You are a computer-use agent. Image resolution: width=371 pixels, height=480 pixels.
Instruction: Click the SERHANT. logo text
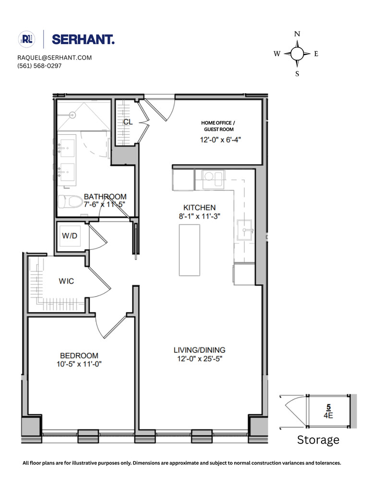[x=83, y=39]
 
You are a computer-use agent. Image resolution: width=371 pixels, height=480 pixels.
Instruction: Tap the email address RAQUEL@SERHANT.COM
[x=54, y=58]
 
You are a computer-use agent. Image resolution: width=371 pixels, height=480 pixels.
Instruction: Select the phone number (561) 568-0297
[x=39, y=66]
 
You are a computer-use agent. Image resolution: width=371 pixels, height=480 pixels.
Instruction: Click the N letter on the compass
[x=297, y=34]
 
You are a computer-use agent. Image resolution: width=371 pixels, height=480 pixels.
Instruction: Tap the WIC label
[x=67, y=281]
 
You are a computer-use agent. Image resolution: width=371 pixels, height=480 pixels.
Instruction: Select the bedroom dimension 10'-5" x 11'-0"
[x=79, y=364]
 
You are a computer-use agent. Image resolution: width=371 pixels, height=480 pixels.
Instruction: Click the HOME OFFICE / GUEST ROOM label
[x=218, y=126]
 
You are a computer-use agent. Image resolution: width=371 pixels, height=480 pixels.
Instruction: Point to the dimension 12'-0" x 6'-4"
[x=220, y=140]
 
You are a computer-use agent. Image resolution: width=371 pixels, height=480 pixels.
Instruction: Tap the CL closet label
[x=128, y=122]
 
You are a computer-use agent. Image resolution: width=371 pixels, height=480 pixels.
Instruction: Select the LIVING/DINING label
[x=200, y=350]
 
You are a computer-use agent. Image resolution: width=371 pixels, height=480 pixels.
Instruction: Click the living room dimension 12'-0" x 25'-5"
[x=200, y=358]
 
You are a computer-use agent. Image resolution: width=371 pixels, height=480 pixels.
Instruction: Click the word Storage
[x=318, y=440]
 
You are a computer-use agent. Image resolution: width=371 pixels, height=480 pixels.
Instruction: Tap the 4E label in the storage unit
[x=328, y=417]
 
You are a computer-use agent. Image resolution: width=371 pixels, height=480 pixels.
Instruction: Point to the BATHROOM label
[x=105, y=197]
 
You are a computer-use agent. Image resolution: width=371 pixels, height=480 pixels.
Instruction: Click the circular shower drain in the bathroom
[x=73, y=115]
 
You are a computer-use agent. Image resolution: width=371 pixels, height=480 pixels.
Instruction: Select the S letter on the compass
[x=297, y=73]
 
